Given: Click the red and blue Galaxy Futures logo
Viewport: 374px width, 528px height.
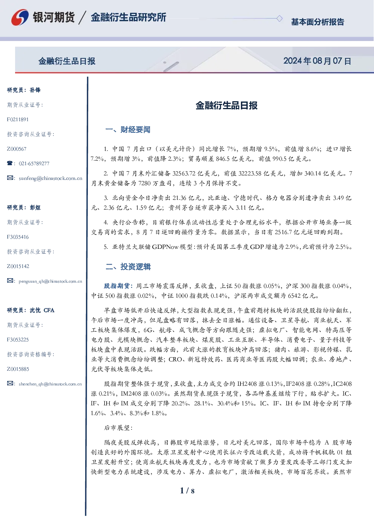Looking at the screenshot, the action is [20, 17].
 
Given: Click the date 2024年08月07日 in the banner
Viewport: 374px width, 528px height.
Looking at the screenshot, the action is [317, 61].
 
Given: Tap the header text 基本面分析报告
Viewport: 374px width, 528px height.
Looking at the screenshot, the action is [317, 22].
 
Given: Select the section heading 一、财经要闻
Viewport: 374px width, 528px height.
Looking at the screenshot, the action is [128, 129].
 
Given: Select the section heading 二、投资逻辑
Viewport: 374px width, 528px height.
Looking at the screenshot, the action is [128, 266].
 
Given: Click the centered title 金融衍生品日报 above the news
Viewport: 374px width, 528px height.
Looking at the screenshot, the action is [227, 105].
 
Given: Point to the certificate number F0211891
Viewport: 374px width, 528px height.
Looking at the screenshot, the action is [18, 120].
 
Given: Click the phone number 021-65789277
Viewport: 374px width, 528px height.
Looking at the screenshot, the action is [34, 164].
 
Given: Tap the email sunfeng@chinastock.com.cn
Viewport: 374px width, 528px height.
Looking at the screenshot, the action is [51, 178].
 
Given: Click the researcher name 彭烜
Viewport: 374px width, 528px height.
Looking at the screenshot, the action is [35, 207].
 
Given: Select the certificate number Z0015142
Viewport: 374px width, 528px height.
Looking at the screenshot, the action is [18, 266].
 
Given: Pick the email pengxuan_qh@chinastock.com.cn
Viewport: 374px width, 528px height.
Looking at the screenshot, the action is [50, 281].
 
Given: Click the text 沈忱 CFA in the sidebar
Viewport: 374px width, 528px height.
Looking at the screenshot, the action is [42, 310].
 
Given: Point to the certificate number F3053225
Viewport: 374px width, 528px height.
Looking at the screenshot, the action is [18, 340].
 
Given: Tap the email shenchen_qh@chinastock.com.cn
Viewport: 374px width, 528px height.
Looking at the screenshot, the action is [50, 384].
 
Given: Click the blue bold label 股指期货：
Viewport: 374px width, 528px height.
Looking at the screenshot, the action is [120, 286].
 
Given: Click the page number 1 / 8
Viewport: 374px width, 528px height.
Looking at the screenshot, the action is [187, 491].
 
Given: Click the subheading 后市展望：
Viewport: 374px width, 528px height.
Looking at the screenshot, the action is [118, 428].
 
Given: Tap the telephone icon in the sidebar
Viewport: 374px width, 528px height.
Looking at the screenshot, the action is [10, 163].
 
